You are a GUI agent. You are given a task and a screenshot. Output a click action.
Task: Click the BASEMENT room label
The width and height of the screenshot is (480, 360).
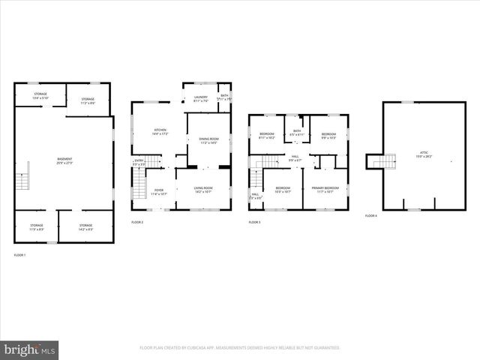pos(65,160)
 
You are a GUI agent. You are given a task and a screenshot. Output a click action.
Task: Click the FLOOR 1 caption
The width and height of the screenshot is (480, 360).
pos(19,256)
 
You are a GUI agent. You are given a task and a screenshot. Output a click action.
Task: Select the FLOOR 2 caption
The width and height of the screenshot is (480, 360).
pos(137,223)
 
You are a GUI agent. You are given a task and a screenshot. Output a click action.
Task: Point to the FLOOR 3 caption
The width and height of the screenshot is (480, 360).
pos(255,223)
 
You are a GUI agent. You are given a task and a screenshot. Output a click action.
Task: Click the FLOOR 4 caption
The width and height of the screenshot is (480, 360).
pos(371,216)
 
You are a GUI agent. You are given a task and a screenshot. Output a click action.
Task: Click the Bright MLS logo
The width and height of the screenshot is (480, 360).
pos(30,349)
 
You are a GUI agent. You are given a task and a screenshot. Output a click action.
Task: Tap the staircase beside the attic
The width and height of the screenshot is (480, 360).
pos(384,161)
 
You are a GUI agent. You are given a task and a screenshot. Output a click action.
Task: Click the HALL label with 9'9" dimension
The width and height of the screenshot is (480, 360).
pos(295,157)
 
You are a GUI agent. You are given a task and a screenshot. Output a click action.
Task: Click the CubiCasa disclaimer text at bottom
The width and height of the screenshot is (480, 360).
pos(240,348)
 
